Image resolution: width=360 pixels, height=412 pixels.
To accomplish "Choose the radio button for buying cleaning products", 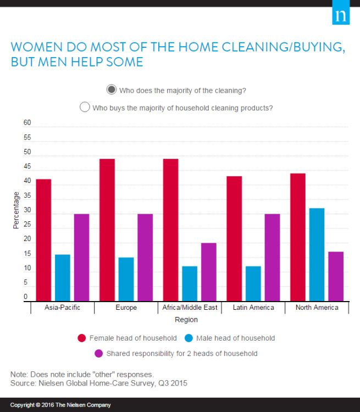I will click(85, 107).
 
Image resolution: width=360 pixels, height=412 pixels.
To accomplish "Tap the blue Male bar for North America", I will click(317, 254).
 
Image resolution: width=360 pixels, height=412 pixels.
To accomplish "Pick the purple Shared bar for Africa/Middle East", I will click(209, 271).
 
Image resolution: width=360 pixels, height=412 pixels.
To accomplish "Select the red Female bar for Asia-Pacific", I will click(43, 240).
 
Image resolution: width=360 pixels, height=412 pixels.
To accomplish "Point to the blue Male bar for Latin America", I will click(253, 283).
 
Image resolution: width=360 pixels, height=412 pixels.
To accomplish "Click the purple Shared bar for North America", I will click(336, 276).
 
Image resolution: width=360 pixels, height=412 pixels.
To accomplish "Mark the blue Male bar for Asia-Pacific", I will click(63, 277).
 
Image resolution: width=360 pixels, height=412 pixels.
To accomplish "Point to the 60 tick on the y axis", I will click(27, 123).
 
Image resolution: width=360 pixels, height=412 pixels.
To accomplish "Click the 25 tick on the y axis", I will click(27, 225).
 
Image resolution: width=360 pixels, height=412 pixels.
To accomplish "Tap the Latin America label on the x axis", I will click(253, 308).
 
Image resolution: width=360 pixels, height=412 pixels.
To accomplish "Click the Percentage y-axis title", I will click(16, 210).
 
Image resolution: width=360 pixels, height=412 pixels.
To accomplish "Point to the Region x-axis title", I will click(186, 320).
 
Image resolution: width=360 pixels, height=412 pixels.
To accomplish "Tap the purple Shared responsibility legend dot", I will click(99, 353).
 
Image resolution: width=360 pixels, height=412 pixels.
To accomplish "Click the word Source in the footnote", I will click(23, 383).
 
